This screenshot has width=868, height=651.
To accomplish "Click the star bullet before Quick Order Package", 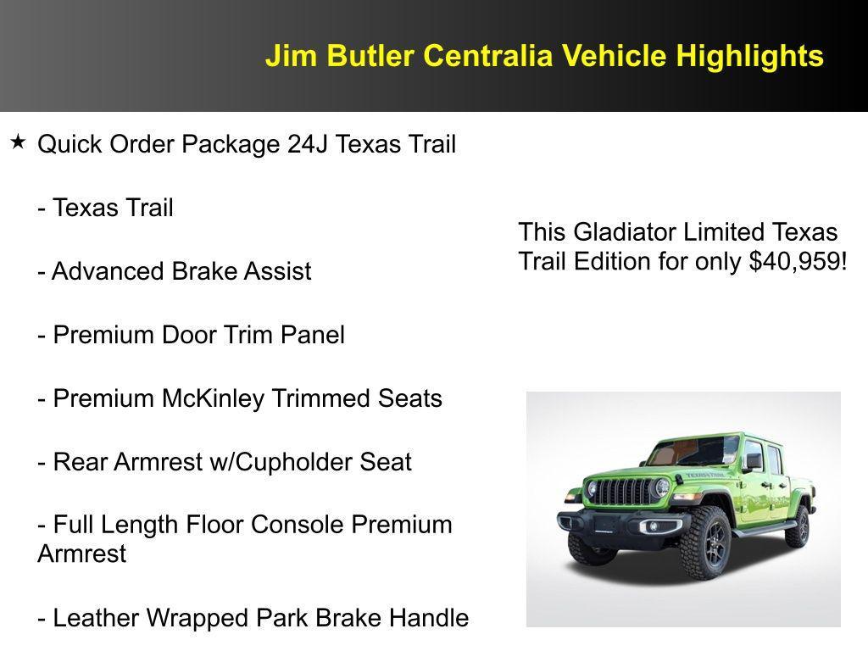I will click(x=18, y=142).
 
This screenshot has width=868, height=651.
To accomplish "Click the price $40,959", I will click(x=797, y=262).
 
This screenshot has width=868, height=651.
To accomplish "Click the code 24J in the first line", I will click(x=308, y=145).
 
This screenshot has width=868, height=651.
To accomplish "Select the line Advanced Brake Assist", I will click(x=175, y=271).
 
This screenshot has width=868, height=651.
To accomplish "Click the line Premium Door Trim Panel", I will click(x=191, y=335).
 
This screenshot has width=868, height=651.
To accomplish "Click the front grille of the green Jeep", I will click(x=627, y=491).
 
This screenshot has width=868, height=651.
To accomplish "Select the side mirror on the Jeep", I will click(x=753, y=462).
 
